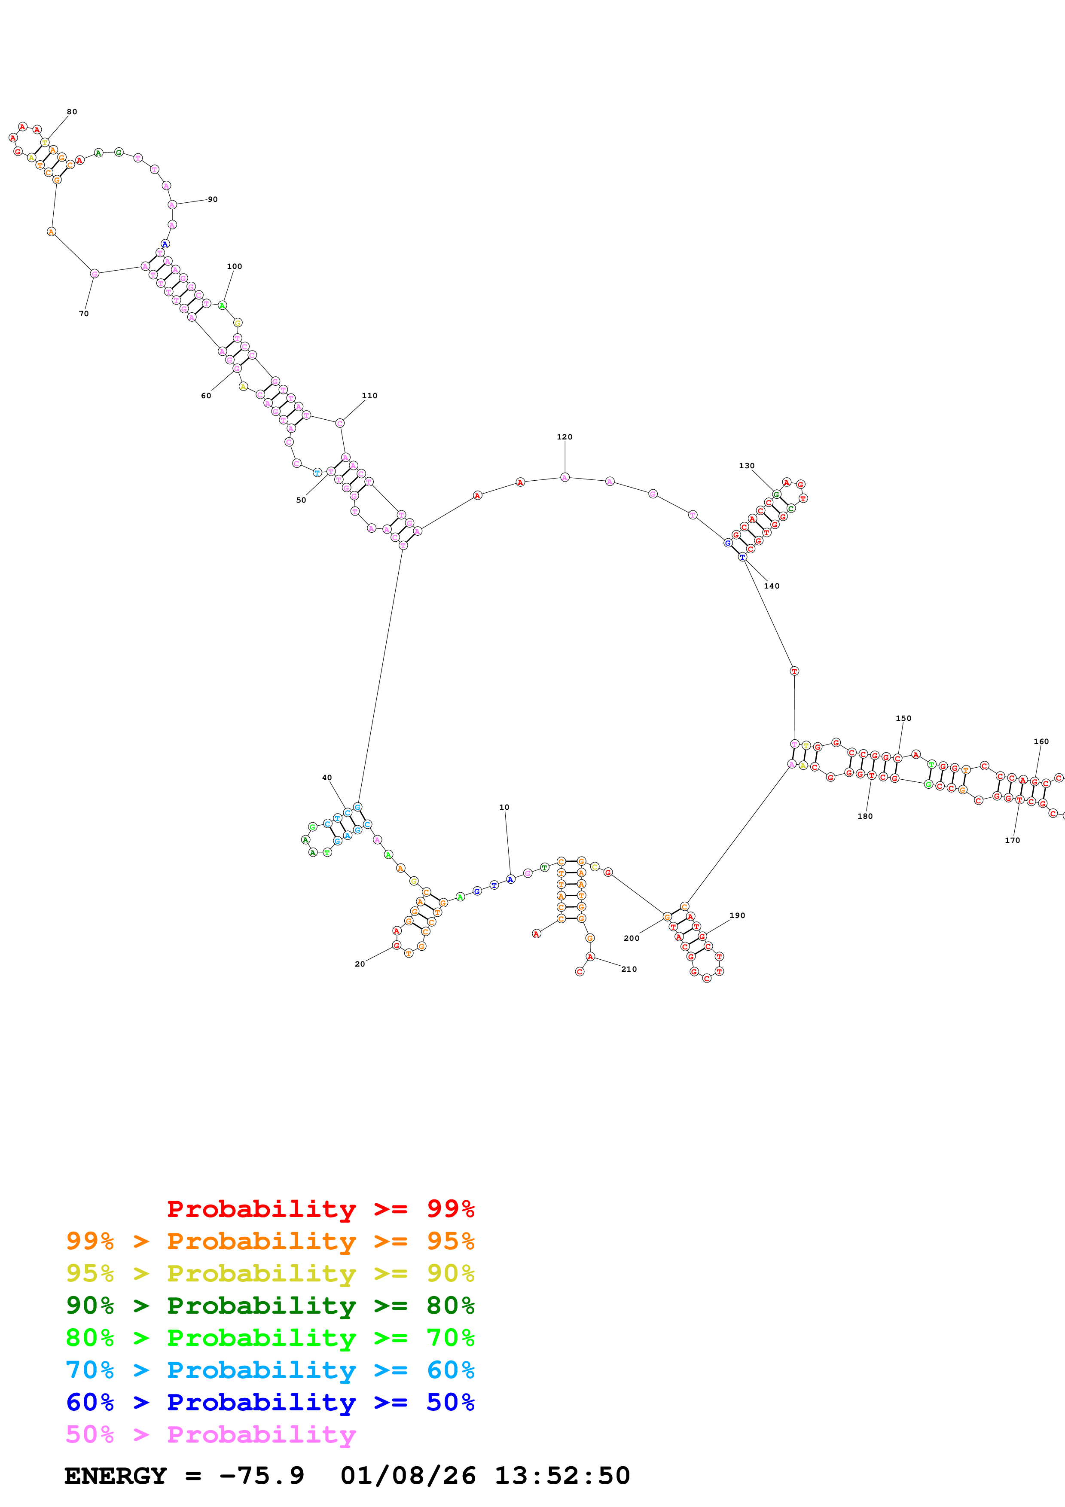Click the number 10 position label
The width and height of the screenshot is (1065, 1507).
[x=504, y=807]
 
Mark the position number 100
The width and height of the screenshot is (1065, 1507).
[x=234, y=266]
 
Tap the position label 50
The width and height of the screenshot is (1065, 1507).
[x=301, y=500]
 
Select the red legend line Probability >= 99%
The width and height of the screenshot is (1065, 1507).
[x=320, y=1209]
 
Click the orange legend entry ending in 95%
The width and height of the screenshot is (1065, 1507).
[x=270, y=1241]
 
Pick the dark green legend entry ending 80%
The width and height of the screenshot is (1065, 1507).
[x=270, y=1306]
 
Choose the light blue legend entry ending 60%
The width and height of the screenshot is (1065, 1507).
[x=270, y=1370]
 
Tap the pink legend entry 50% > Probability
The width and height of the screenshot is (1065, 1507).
[x=211, y=1434]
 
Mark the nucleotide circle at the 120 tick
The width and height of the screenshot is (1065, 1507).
[x=565, y=477]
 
